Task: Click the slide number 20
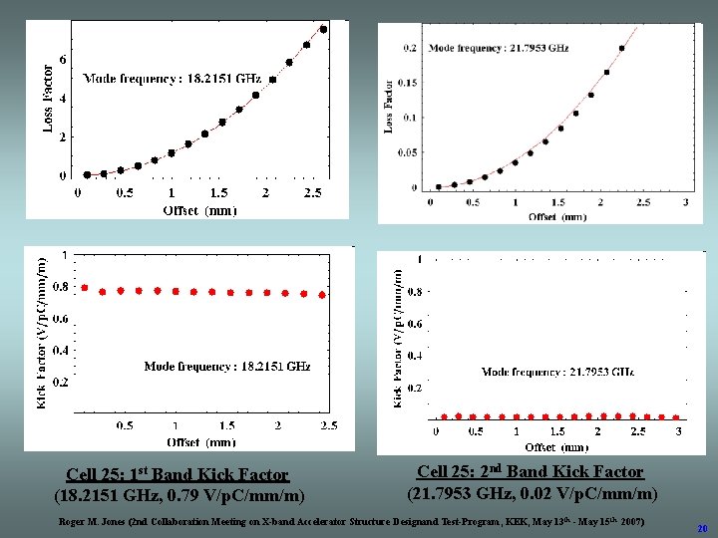(702, 528)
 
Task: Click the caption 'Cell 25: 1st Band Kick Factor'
(178, 475)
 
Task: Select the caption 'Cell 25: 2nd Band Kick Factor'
(530, 472)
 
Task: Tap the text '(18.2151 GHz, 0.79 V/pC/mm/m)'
(179, 495)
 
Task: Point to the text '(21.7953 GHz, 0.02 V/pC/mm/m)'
(532, 493)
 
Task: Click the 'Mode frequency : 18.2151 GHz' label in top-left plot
(172, 79)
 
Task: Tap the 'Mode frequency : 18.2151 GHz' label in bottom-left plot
(227, 367)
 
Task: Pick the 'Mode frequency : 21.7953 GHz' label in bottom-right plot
(557, 372)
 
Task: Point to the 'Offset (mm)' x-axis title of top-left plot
(199, 209)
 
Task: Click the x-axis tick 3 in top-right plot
(686, 203)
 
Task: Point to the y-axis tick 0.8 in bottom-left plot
(60, 287)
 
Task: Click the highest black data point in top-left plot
(323, 29)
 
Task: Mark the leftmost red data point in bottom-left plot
(85, 288)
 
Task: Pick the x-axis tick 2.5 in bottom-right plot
(638, 431)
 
